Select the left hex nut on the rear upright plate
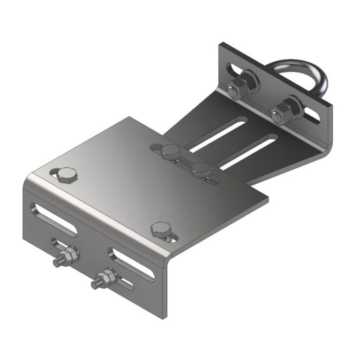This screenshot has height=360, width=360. [238, 87]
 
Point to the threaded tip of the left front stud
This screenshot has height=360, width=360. [57, 263]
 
